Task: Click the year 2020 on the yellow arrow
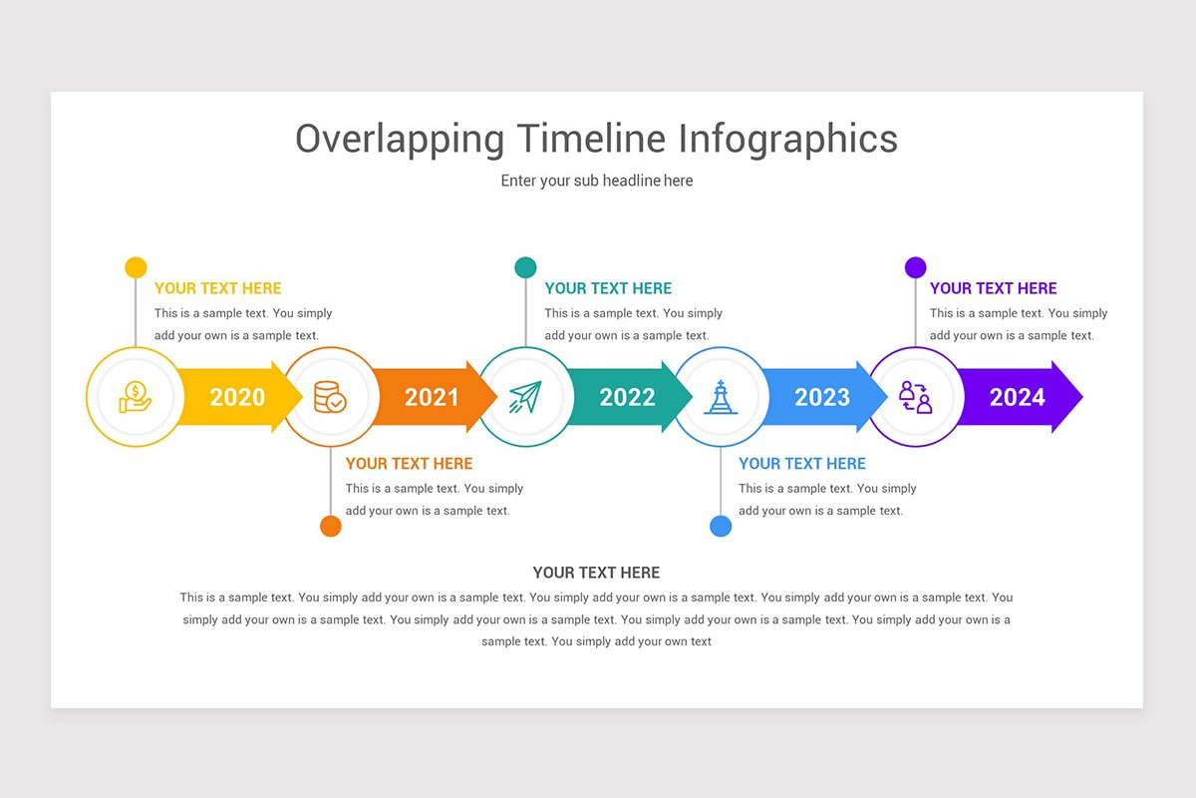(237, 397)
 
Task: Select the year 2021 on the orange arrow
(432, 397)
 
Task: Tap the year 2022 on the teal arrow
(627, 397)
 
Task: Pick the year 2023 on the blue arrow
(822, 397)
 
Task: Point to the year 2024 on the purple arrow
(1017, 397)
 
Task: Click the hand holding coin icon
(135, 397)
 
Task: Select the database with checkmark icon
(330, 397)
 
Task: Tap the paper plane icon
(524, 397)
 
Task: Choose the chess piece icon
(720, 397)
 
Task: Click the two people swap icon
(915, 397)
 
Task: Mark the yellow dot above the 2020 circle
(136, 267)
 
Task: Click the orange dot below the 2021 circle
(331, 526)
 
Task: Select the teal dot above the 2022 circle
(525, 267)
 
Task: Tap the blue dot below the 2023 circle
(721, 526)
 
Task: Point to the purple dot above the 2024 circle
(915, 267)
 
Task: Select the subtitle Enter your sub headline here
(596, 181)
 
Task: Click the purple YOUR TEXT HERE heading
(993, 288)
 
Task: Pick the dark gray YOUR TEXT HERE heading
(596, 573)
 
